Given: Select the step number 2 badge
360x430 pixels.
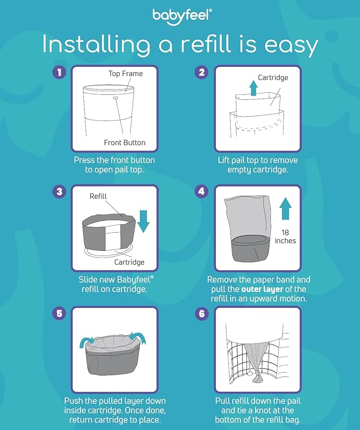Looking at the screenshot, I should (x=201, y=72).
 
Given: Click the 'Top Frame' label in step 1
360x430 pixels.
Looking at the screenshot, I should (x=126, y=74).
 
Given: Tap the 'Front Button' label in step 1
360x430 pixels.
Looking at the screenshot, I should (x=125, y=143).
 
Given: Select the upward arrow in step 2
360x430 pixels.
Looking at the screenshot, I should (x=253, y=87).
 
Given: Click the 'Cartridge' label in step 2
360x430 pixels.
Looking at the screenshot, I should (x=273, y=78).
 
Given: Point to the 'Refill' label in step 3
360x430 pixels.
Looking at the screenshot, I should (x=98, y=196).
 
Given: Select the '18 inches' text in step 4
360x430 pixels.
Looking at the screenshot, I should (x=286, y=236).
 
